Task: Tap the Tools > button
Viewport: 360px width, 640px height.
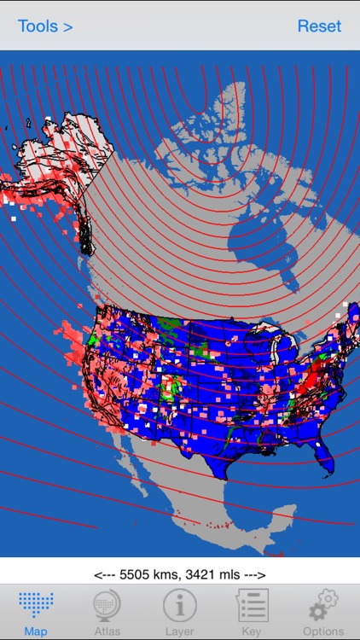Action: pyautogui.click(x=45, y=26)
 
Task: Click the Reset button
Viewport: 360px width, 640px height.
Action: pyautogui.click(x=319, y=26)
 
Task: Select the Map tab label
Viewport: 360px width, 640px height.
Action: pyautogui.click(x=36, y=631)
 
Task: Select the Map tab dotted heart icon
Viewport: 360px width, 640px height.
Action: pyautogui.click(x=36, y=605)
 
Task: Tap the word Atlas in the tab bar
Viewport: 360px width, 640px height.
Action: pyautogui.click(x=107, y=631)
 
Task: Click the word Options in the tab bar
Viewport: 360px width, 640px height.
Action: pyautogui.click(x=323, y=631)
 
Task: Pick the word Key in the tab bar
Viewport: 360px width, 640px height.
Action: pyautogui.click(x=252, y=631)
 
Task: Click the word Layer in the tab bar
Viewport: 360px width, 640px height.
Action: pyautogui.click(x=180, y=631)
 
